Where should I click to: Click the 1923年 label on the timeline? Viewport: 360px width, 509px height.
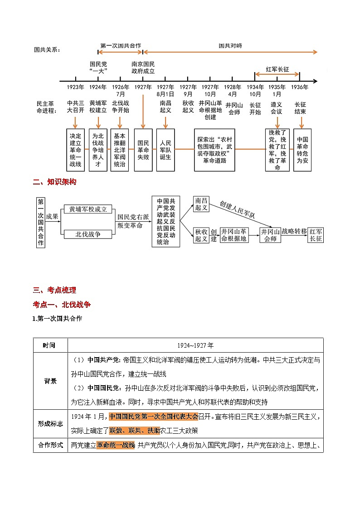(x=75, y=87)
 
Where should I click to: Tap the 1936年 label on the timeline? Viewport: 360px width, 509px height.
(x=300, y=87)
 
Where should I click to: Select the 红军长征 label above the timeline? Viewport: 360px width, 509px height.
(x=277, y=69)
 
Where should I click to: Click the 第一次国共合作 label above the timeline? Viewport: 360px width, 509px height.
(x=121, y=46)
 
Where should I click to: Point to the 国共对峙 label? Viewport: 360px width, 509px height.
(x=230, y=46)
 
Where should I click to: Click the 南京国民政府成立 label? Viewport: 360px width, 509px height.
(x=143, y=68)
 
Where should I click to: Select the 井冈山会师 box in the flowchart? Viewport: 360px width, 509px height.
(x=270, y=235)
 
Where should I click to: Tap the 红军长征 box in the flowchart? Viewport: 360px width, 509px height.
(x=316, y=235)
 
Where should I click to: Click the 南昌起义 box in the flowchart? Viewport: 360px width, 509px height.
(x=201, y=204)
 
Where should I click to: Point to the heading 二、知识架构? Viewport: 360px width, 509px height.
(x=55, y=182)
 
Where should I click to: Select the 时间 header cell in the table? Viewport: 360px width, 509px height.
(x=50, y=345)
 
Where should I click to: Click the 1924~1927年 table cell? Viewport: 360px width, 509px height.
(x=195, y=345)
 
